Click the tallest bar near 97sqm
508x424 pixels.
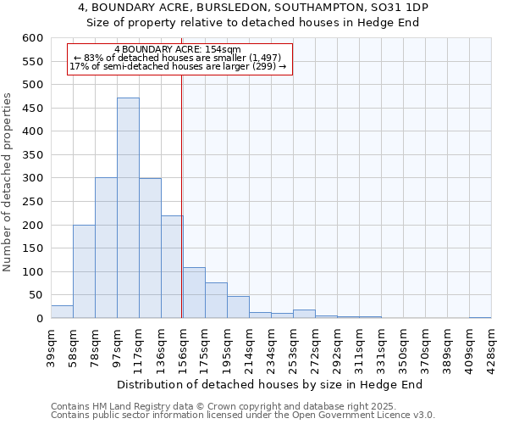click(x=128, y=208)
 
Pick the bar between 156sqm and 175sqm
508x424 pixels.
click(x=194, y=293)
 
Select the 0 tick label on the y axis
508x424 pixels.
click(x=39, y=319)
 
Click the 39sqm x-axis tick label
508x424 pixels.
click(x=52, y=345)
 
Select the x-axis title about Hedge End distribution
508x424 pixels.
click(x=269, y=384)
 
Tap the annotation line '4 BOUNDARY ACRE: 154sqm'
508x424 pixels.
click(x=178, y=50)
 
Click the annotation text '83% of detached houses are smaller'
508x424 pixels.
click(x=178, y=58)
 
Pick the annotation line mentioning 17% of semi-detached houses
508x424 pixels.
click(x=178, y=66)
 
